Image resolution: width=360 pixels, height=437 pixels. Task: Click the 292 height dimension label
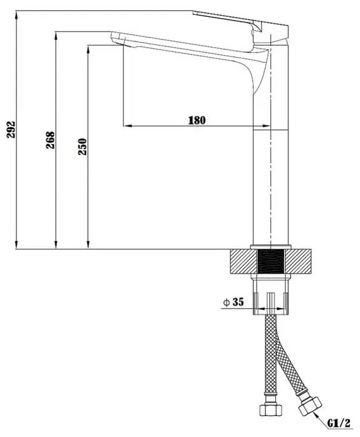tap(11, 130)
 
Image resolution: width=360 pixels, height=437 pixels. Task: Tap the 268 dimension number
tap(51, 140)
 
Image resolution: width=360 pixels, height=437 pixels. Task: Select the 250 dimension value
tap(82, 147)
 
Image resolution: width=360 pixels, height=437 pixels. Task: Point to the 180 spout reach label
tap(197, 120)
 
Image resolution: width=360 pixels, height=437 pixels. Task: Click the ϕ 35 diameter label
tap(234, 302)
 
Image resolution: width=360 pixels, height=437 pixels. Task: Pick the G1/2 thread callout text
tap(339, 424)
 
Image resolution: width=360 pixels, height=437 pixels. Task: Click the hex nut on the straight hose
tap(270, 409)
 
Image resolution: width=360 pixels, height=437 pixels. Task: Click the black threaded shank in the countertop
tap(270, 262)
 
